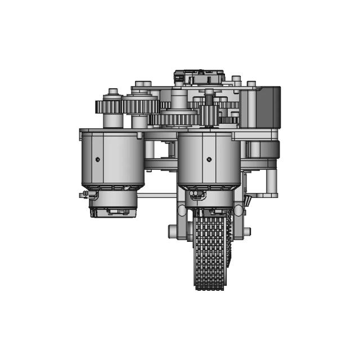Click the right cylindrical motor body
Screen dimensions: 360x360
pos(209,160)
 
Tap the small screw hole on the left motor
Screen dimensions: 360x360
pos(98,159)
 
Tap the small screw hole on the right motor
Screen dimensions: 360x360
pos(209,159)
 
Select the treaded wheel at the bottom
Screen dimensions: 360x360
pos(210,253)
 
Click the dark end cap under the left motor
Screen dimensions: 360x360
pos(112,213)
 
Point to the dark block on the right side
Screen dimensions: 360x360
pos(268,107)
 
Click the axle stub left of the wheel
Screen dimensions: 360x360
pos(173,231)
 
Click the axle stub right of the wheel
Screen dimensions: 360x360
pos(247,231)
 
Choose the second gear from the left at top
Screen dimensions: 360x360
pos(140,105)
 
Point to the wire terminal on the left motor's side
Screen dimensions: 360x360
pos(85,194)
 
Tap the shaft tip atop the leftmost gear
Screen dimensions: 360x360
pos(113,91)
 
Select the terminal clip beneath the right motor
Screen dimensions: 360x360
pos(196,194)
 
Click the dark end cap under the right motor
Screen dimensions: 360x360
pos(210,212)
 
